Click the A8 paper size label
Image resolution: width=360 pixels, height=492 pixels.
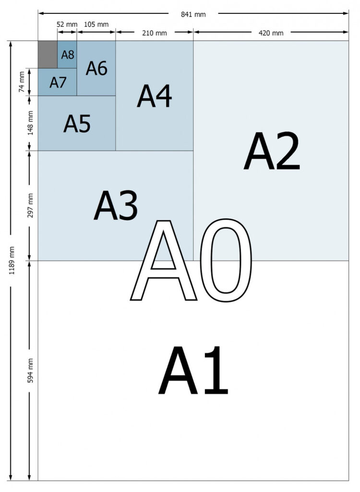[x=67, y=55]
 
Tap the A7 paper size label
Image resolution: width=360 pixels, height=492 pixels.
[x=58, y=83]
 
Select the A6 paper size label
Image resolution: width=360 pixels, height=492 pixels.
[x=96, y=68]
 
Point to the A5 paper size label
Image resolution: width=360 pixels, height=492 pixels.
[x=77, y=123]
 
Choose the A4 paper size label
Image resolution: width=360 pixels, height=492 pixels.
[x=154, y=96]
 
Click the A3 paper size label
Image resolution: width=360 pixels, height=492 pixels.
[x=116, y=206]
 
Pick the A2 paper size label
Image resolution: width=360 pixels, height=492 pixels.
[x=272, y=151]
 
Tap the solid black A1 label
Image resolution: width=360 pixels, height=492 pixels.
[x=193, y=370]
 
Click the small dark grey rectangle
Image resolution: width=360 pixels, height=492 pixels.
[x=48, y=54]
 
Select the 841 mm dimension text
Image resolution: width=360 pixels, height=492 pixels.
[x=193, y=14]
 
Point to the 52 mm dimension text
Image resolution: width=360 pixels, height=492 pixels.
[x=67, y=25]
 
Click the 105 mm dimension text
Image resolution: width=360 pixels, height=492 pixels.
[x=96, y=25]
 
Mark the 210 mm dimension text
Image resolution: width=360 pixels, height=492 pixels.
[x=154, y=33]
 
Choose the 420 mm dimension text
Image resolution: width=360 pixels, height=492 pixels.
[x=271, y=33]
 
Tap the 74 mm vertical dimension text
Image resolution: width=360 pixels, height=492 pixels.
[x=21, y=82]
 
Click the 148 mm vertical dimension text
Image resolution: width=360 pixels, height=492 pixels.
[x=30, y=123]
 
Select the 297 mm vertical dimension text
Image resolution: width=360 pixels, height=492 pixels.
[x=30, y=206]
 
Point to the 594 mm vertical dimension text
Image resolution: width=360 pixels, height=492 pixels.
[x=30, y=370]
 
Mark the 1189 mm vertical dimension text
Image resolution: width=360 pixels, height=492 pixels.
[x=12, y=261]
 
